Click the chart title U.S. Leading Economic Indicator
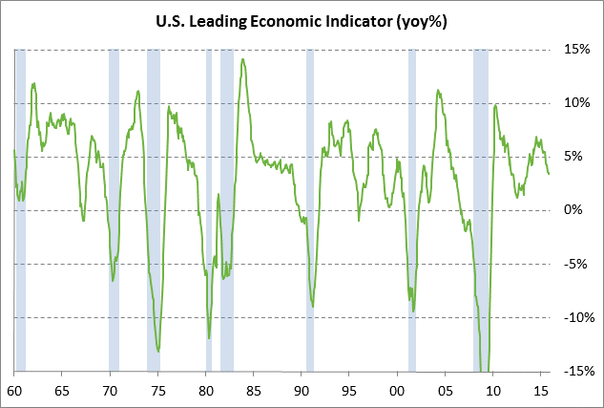pyautogui.click(x=301, y=21)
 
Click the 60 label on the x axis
pyautogui.click(x=14, y=390)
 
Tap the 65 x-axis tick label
pyautogui.click(x=62, y=390)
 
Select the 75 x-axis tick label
pyautogui.click(x=157, y=390)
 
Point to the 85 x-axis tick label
pyautogui.click(x=254, y=390)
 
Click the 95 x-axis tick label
pyautogui.click(x=349, y=390)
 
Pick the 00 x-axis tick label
pyautogui.click(x=397, y=390)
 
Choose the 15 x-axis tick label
pyautogui.click(x=541, y=390)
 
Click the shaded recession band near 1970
pyautogui.click(x=114, y=210)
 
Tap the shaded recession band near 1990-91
pyautogui.click(x=309, y=210)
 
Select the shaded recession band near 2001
pyautogui.click(x=412, y=210)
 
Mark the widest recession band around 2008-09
pyautogui.click(x=481, y=210)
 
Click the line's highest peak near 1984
pyautogui.click(x=243, y=60)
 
